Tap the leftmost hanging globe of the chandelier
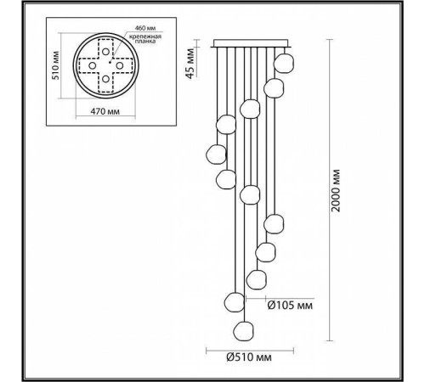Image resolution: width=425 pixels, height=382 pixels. (x=215, y=155)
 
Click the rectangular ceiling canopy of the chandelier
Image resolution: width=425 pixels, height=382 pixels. (x=251, y=43)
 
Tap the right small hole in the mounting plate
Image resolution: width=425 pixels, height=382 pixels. (x=121, y=65)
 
